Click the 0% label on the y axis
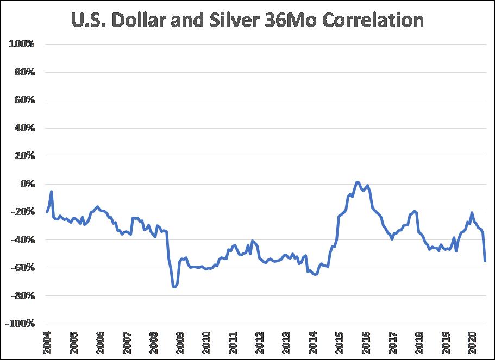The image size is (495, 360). (x=27, y=184)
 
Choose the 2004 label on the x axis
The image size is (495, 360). (x=47, y=342)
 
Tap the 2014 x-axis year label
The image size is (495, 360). (x=313, y=342)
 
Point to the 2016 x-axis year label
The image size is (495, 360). (x=366, y=342)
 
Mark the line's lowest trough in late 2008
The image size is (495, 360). (x=174, y=287)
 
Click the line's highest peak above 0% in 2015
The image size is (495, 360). (x=356, y=182)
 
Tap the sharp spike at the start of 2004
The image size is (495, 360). (x=52, y=191)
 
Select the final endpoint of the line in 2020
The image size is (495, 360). (x=485, y=261)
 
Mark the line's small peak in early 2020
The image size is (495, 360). (x=472, y=213)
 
